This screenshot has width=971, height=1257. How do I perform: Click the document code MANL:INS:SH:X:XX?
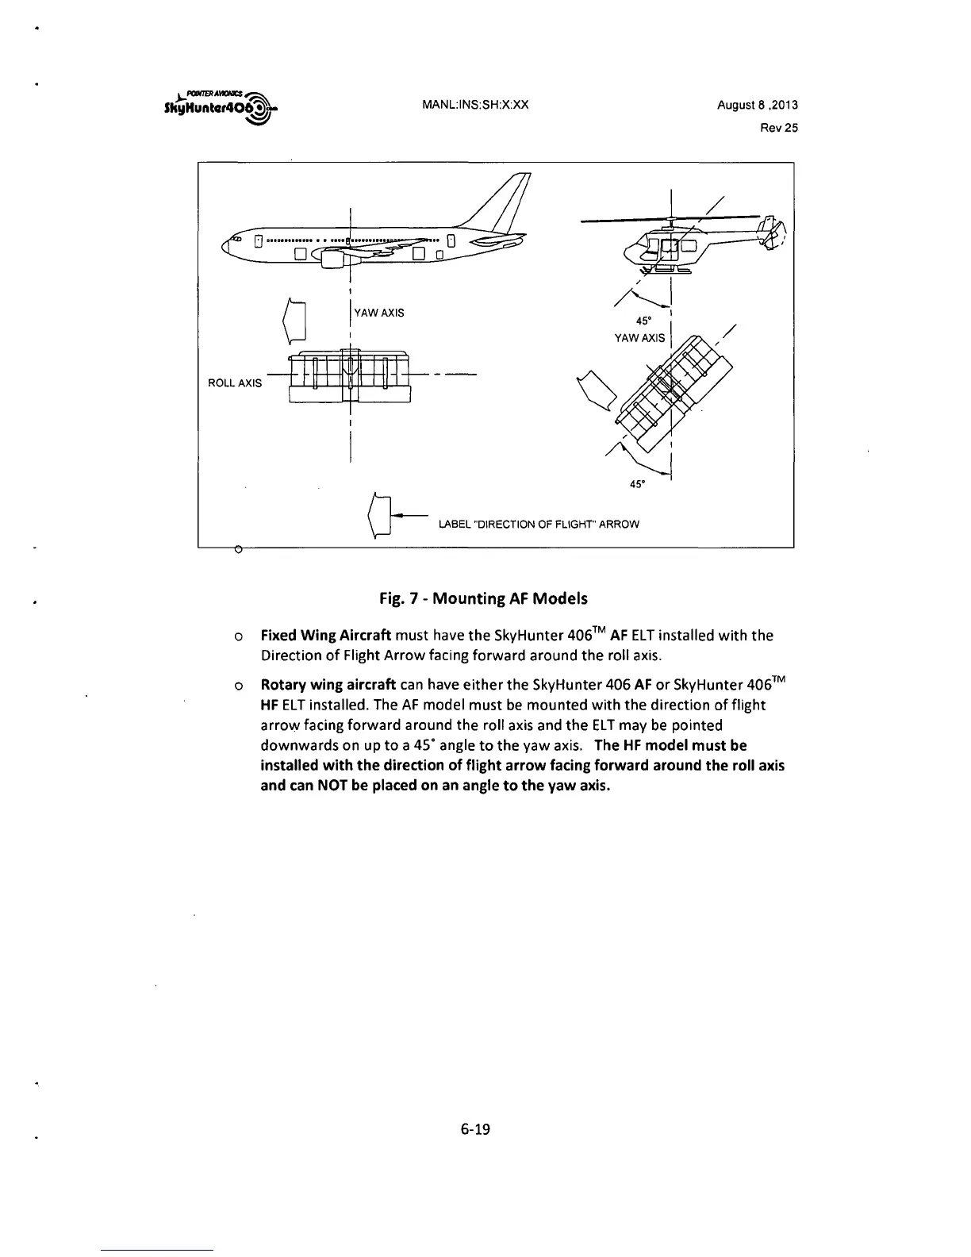(475, 105)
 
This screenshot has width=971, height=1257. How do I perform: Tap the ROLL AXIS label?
(234, 383)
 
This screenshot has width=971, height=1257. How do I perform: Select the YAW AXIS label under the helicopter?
(640, 338)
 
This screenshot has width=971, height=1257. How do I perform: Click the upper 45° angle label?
(644, 321)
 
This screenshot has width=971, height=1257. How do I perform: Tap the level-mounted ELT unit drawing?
(350, 377)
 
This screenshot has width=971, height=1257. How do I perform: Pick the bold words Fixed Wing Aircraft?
(326, 636)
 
